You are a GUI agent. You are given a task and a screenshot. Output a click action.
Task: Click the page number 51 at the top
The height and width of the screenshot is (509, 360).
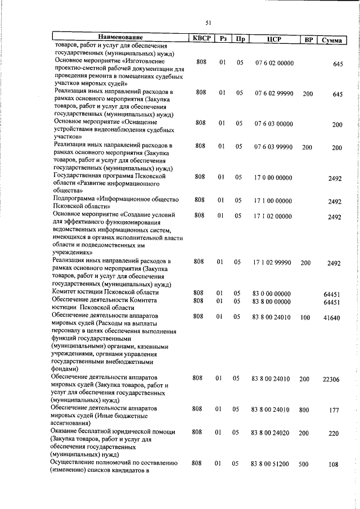208,22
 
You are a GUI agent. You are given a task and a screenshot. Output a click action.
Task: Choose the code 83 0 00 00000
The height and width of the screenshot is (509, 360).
272,294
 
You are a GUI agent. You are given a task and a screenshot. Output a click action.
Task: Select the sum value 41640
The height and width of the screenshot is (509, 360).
331,318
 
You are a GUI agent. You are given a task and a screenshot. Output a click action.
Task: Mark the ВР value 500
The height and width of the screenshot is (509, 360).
304,465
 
